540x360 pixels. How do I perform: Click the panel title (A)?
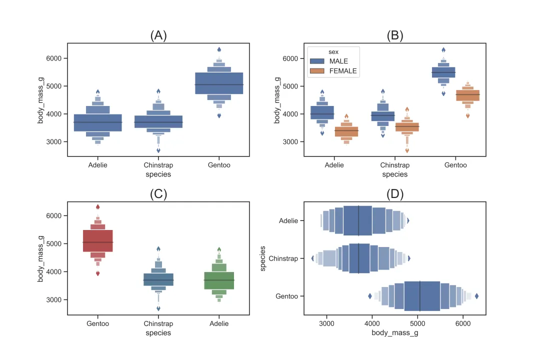[x=158, y=35]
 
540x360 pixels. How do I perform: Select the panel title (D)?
[x=395, y=194]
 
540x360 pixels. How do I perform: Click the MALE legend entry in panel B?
[x=338, y=61]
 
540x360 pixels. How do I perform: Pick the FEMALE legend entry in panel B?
[x=342, y=71]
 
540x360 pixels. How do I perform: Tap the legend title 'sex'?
[x=333, y=51]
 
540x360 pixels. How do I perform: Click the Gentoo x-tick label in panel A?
[x=219, y=165]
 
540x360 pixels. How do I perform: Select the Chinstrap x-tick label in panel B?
[x=395, y=165]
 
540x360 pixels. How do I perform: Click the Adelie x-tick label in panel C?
[x=219, y=323]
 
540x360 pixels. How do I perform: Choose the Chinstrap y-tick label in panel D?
[x=283, y=258]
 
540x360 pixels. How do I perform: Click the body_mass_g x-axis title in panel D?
[x=395, y=333]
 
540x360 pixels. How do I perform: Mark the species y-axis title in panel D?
[x=263, y=258]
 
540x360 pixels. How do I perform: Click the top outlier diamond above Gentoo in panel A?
[x=219, y=50]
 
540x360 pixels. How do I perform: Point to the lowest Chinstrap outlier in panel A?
[x=158, y=150]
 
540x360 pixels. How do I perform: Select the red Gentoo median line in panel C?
[x=98, y=242]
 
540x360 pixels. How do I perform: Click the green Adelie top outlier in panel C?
[x=219, y=249]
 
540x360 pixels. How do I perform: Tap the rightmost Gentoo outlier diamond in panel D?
[x=476, y=296]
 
